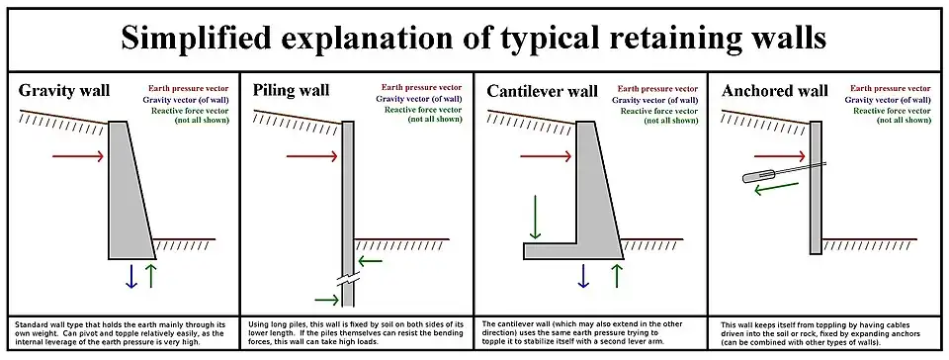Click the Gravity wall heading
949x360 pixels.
[64, 92]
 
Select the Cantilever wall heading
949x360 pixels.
[542, 92]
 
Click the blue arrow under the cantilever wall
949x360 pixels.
[584, 276]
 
